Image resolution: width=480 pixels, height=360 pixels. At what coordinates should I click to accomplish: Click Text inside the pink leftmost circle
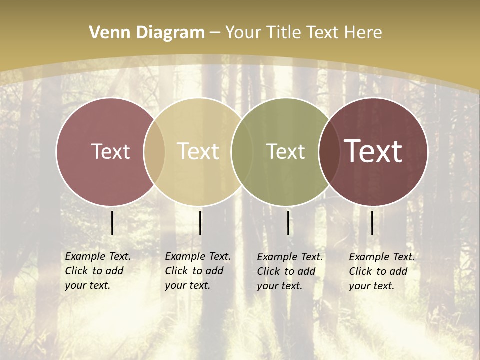tap(110, 152)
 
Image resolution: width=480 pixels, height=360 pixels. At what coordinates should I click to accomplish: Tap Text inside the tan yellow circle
tap(198, 152)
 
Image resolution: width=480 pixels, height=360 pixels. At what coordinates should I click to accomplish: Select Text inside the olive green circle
tap(285, 152)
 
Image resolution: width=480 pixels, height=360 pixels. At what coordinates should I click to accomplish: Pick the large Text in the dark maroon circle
tap(373, 151)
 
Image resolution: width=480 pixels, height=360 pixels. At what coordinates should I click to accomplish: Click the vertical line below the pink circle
tap(112, 223)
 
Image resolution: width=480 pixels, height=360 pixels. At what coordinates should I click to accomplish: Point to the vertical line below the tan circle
tap(200, 223)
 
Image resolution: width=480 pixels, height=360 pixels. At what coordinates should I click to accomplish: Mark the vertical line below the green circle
tap(288, 223)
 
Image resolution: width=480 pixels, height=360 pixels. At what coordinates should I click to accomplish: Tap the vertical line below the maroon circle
tap(372, 223)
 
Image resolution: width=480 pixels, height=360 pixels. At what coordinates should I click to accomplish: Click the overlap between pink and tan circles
tap(154, 152)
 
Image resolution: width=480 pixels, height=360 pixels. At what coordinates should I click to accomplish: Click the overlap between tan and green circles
tap(242, 152)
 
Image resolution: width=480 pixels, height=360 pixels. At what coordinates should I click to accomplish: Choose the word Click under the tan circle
tap(176, 271)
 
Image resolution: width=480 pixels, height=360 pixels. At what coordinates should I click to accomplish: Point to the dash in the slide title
tap(215, 33)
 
